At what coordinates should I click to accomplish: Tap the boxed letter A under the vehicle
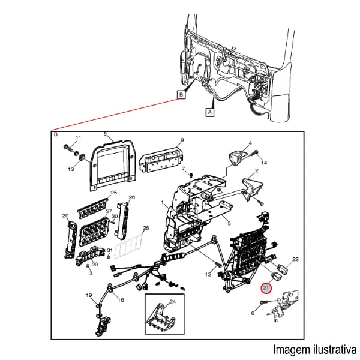tap(211, 112)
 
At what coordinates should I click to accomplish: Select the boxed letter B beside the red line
tap(181, 94)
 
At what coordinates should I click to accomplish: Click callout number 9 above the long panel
tap(181, 142)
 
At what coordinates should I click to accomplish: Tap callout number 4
tap(250, 143)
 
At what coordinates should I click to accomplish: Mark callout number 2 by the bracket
tap(256, 171)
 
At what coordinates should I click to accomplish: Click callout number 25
tap(113, 193)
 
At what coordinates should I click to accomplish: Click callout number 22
tap(295, 259)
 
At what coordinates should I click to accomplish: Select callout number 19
tap(88, 295)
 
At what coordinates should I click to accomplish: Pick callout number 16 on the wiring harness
tap(121, 300)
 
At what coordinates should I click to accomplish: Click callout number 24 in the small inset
tap(172, 301)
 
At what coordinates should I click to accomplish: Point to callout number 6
tap(253, 313)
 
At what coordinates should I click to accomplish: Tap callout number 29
tap(95, 265)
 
